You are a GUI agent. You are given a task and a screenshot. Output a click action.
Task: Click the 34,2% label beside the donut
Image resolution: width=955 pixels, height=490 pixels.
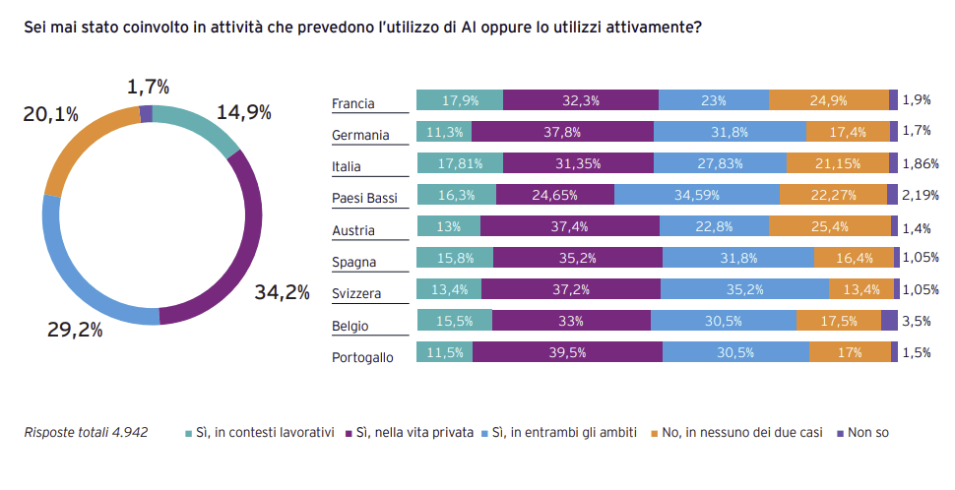click(x=283, y=291)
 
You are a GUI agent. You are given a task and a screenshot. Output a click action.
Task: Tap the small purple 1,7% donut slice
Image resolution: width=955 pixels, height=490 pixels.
click(x=147, y=112)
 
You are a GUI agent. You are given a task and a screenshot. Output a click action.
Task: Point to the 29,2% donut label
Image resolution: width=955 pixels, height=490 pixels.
click(x=75, y=330)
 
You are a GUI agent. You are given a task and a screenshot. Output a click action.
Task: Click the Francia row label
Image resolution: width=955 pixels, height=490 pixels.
click(x=353, y=103)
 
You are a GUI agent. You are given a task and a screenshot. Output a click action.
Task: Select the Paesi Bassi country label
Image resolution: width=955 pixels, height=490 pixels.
click(x=364, y=199)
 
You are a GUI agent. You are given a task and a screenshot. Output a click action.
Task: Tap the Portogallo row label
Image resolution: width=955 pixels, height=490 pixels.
click(x=363, y=357)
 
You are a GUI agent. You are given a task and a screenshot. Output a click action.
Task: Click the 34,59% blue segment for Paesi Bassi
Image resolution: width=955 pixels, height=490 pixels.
click(x=697, y=195)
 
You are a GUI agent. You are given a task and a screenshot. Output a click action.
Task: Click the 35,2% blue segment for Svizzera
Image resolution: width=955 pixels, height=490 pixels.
click(x=744, y=290)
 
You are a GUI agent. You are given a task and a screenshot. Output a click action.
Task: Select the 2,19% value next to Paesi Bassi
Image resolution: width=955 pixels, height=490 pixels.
click(x=921, y=196)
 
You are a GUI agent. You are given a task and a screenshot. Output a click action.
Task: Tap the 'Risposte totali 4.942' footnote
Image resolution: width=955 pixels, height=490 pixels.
click(x=86, y=432)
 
